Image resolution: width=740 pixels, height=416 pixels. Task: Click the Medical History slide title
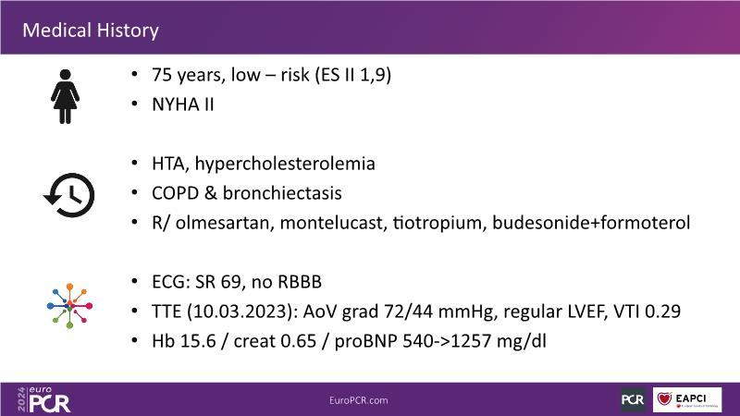[91, 31]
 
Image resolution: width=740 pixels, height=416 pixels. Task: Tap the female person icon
[65, 97]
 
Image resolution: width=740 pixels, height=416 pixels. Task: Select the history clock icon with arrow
[69, 195]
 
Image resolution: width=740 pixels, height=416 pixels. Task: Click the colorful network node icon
[70, 306]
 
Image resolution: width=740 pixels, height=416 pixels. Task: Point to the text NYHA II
[183, 104]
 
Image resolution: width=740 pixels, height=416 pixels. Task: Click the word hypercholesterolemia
[285, 165]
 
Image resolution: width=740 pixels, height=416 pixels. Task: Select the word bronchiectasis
[282, 193]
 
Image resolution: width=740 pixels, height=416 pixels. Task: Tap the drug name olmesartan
[225, 223]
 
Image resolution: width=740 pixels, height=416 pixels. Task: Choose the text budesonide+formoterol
[591, 223]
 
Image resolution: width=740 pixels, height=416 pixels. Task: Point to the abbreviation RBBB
[300, 282]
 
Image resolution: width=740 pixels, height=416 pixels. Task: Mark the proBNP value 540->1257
[447, 341]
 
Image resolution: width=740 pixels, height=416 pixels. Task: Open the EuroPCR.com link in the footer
[359, 400]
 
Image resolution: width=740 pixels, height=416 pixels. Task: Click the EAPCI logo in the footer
[687, 400]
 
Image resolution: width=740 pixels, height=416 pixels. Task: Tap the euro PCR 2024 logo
[43, 399]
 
